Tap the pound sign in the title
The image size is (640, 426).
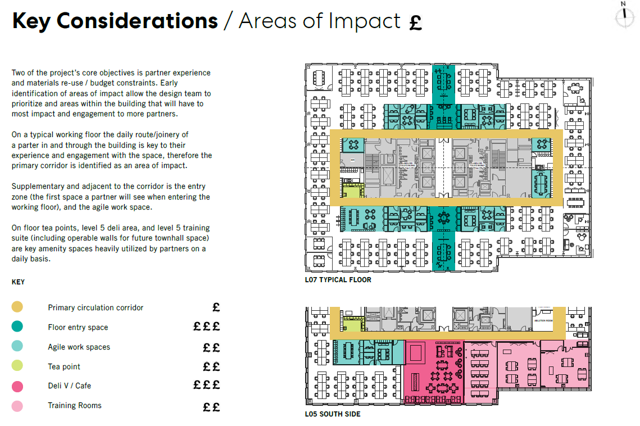tap(415, 22)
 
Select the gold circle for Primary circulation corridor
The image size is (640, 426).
tap(17, 307)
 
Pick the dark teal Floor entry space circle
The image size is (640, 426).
tap(17, 327)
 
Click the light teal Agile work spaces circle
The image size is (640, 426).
tap(17, 346)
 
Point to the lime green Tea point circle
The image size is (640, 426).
tap(17, 366)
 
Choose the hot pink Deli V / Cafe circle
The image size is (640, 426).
tap(17, 386)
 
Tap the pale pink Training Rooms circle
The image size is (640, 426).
tap(17, 405)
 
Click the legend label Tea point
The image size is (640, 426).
tap(64, 366)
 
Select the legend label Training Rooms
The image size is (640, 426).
tap(75, 405)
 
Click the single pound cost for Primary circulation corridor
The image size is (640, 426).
tap(216, 307)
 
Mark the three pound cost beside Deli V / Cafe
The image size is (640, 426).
tap(207, 385)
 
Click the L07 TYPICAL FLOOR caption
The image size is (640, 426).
tap(338, 279)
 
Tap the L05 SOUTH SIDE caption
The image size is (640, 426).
tap(333, 414)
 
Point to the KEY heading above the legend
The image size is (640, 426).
tap(18, 282)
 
